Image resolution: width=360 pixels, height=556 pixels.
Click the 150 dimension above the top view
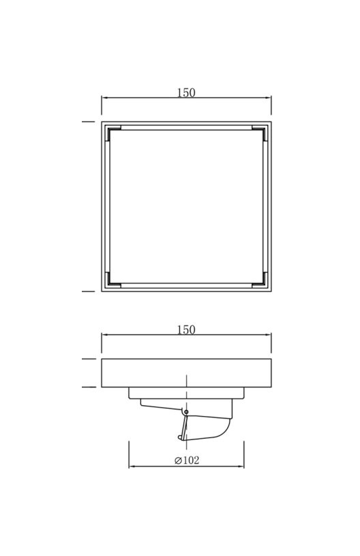tap(186, 93)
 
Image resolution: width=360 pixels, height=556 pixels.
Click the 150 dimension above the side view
tap(186, 330)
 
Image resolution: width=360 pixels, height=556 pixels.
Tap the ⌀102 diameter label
tap(187, 460)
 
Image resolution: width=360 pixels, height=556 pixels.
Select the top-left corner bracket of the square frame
tap(112, 132)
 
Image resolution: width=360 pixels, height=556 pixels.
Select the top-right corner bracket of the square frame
tap(260, 132)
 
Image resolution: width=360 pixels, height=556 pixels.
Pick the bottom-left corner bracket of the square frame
tap(112, 281)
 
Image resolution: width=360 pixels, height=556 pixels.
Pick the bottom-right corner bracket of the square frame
tap(260, 281)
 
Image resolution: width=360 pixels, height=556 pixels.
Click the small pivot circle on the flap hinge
tap(186, 411)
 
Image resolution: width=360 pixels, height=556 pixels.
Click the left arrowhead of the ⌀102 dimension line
tap(132, 466)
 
